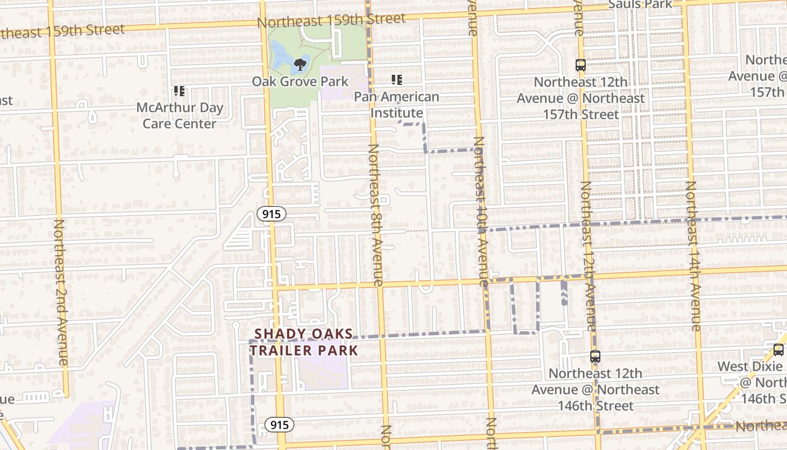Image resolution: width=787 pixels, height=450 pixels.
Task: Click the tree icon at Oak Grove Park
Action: pos(300,63)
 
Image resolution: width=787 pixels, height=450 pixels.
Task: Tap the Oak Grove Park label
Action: pos(300,81)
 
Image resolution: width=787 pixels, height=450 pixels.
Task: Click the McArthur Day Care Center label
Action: pos(180,115)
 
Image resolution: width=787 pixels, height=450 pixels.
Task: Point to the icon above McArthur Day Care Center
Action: pos(179,91)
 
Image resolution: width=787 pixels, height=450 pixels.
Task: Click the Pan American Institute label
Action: pos(396,105)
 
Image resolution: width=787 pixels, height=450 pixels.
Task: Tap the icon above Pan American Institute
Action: pos(397,80)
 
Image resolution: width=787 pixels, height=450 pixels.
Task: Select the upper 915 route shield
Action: pos(272,214)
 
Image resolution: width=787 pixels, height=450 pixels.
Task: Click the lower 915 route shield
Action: pos(279,425)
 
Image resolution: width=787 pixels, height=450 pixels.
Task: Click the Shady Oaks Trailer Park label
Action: pos(304,342)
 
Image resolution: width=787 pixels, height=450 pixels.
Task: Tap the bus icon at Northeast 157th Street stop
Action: pos(581,65)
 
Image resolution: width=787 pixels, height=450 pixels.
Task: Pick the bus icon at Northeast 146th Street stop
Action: pos(595,356)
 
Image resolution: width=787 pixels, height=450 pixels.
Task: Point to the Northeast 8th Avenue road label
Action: pos(376,214)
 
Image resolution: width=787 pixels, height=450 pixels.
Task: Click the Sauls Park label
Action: pos(640,4)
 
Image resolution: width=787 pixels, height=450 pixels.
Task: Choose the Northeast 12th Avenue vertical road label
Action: pos(588,256)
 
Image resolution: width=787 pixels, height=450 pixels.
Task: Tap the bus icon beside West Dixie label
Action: pos(779,350)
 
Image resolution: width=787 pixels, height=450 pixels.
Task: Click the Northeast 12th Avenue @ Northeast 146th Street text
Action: pos(596,389)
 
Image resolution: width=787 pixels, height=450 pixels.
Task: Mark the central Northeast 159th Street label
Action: pos(331,20)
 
